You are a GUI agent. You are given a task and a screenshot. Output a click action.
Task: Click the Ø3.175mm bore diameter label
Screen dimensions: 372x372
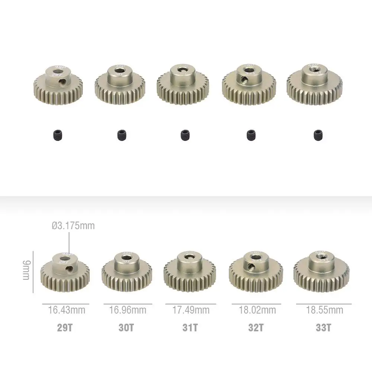coord(73,225)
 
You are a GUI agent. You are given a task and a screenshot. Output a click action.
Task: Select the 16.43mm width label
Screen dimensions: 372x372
coord(67,310)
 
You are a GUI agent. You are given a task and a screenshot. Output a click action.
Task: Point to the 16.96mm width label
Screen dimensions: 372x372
coord(128,310)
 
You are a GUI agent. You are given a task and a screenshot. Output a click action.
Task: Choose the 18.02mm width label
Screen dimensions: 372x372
coord(257,310)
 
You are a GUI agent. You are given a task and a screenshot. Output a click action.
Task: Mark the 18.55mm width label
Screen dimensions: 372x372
coord(324,310)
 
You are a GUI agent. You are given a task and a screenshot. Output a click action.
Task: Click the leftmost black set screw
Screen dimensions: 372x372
coord(58,135)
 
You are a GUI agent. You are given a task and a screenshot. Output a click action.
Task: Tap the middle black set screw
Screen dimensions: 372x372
coord(185,135)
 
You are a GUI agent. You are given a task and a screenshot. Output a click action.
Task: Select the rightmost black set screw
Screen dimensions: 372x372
coord(318,135)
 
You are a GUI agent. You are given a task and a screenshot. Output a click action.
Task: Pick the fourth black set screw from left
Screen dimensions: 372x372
coord(251,135)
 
